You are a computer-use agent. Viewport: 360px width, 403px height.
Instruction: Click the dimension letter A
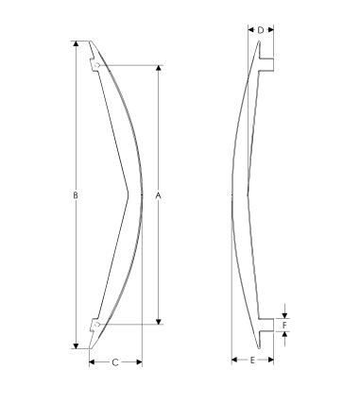point(159,195)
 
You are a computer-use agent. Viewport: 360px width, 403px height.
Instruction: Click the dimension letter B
point(76,195)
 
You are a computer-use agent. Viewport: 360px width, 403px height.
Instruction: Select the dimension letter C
point(115,362)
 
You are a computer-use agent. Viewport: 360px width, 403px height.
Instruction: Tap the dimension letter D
point(261,30)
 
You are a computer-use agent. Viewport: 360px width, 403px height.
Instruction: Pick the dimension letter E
point(252,360)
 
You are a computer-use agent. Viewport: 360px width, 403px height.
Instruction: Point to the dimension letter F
point(284,325)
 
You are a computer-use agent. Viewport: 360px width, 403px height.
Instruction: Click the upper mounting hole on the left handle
point(97,65)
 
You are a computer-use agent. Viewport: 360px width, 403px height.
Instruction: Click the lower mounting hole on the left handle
point(97,324)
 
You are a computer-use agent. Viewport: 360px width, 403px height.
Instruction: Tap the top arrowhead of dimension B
point(76,43)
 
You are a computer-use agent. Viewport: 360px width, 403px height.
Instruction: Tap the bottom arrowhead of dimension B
point(76,345)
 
